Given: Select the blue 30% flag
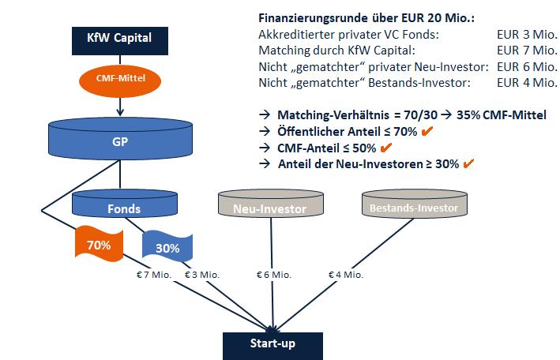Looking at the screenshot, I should click(x=167, y=246).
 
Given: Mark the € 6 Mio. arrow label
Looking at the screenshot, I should click(x=272, y=275).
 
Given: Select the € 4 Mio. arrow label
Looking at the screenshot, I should click(x=345, y=275).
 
